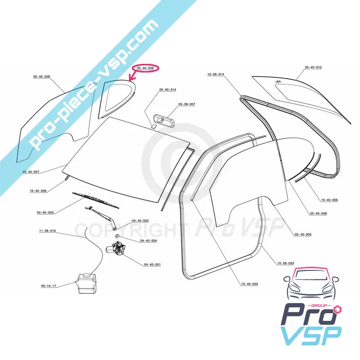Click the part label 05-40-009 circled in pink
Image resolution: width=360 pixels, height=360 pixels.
pos(148,68)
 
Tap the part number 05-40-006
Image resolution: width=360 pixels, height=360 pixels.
pos(41,77)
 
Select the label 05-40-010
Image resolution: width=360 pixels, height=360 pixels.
pos(313,67)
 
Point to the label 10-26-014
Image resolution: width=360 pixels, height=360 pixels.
pos(216,74)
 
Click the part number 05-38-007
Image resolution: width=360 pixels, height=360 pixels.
pos(186,104)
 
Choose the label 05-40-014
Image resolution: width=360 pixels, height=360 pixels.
pos(167,90)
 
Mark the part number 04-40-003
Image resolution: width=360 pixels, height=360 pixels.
pos(45,212)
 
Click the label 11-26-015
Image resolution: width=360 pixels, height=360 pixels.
pos(47,231)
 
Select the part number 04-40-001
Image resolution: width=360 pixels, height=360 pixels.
pos(152,265)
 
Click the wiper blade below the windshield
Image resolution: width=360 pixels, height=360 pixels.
pos(95,200)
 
